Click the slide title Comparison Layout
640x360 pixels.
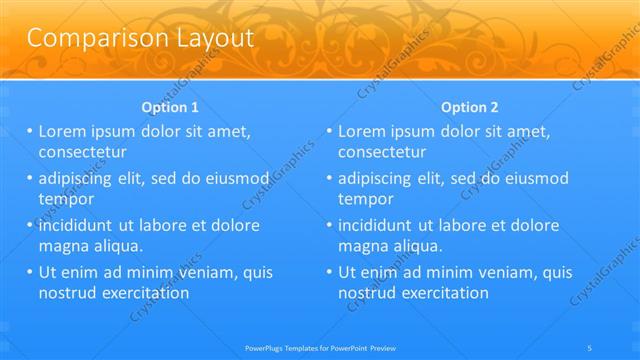[x=139, y=39]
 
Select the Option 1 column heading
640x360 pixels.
[x=171, y=107]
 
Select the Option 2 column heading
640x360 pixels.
[x=470, y=107]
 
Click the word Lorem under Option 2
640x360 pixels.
[x=366, y=131]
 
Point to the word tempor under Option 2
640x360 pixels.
[x=366, y=199]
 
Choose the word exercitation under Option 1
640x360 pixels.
[x=141, y=293]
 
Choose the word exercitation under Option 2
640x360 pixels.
[x=441, y=293]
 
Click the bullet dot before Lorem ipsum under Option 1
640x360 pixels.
[x=29, y=131]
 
